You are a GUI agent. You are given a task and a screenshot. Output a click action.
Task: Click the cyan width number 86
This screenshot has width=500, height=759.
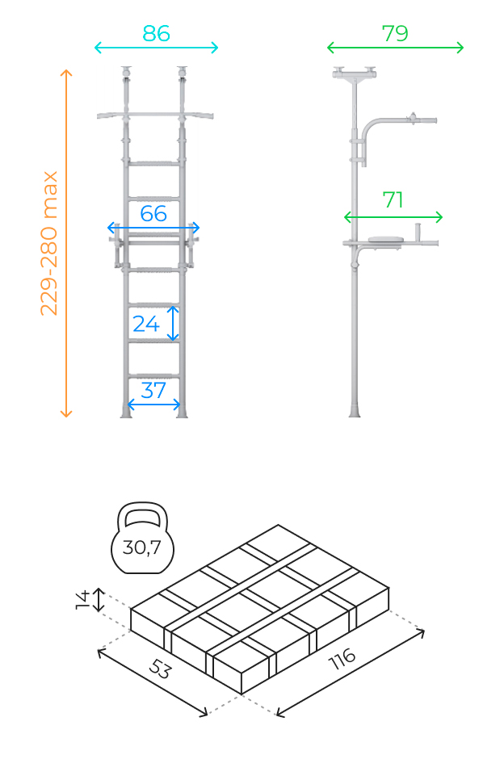(156, 33)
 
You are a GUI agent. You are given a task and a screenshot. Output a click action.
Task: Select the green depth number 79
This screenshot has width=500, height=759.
(395, 33)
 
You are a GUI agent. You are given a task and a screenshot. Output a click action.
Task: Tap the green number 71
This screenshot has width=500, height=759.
(393, 199)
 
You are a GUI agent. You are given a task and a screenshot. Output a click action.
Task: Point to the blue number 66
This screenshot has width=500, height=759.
(153, 213)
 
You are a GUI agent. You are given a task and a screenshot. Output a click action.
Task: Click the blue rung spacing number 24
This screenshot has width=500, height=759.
(146, 324)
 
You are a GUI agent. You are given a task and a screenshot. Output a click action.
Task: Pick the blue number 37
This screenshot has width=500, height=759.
(153, 390)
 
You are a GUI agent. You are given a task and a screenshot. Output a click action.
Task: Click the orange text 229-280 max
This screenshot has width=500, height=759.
(49, 243)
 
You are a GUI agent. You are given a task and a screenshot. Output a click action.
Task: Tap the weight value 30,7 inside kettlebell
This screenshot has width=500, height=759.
(142, 547)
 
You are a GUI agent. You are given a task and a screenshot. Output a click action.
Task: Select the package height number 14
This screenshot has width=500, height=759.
(82, 599)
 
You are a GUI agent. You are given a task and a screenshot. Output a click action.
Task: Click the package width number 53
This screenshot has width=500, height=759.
(160, 669)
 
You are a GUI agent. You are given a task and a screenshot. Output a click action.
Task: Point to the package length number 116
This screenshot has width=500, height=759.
(342, 658)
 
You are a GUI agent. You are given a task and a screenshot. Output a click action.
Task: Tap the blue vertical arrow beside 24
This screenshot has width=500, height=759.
(173, 323)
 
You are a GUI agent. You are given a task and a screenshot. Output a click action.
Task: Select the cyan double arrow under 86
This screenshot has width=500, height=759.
(157, 48)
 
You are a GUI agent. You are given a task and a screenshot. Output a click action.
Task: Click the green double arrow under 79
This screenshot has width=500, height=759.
(396, 48)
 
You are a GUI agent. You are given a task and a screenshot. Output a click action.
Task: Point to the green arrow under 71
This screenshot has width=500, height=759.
(393, 217)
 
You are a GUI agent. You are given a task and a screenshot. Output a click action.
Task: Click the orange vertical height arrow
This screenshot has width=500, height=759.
(66, 243)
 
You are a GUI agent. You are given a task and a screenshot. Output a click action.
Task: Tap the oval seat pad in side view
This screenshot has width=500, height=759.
(386, 240)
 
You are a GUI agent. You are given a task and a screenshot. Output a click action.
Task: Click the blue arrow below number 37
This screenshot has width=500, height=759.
(153, 405)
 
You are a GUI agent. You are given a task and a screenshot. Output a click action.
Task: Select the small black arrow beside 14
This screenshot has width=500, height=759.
(99, 599)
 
